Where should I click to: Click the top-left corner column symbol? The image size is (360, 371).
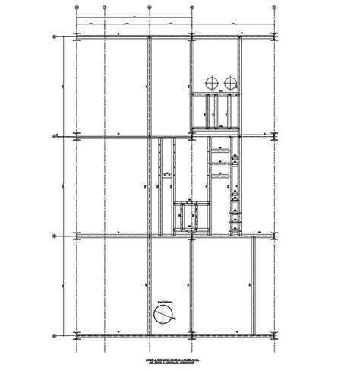pyautogui.click(x=79, y=37)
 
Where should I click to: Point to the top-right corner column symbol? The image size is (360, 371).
pyautogui.click(x=274, y=37)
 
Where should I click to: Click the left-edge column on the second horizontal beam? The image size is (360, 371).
pyautogui.click(x=79, y=137)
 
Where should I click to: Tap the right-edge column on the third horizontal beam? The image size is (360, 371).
pyautogui.click(x=274, y=234)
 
